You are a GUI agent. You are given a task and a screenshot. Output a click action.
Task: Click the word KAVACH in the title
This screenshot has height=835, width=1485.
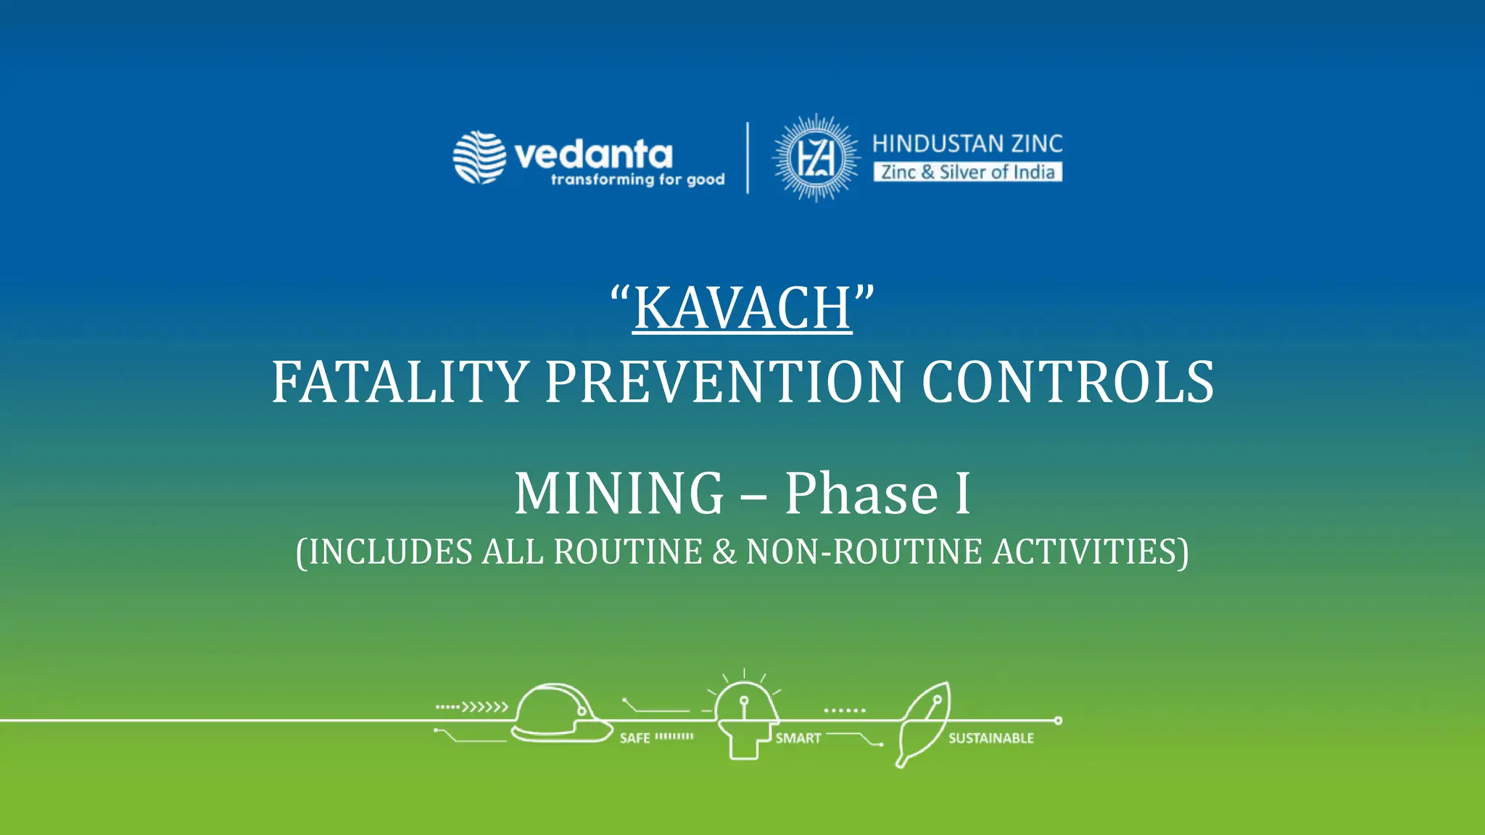coord(742,308)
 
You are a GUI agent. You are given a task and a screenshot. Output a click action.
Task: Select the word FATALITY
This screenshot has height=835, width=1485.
coord(400,382)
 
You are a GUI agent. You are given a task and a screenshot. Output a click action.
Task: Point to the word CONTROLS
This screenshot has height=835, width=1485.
coord(1067,382)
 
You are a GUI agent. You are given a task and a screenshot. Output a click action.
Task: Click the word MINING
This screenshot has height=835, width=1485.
coord(619,494)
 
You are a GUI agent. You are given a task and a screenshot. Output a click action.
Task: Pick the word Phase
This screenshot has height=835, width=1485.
coord(862,494)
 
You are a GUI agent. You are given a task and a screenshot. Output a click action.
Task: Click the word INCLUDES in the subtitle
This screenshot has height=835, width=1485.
coord(391,552)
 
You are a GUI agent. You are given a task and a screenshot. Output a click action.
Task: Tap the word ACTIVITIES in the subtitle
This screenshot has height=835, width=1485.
coord(1085,552)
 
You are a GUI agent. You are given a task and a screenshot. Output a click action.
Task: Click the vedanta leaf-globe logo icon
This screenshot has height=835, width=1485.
coord(479,157)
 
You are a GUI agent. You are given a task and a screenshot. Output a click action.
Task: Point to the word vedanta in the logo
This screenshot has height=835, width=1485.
coord(593,154)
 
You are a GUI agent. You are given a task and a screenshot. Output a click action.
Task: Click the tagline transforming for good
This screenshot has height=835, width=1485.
coord(637,180)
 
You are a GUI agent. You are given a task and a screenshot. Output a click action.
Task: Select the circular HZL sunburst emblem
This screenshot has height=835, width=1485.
coord(816,157)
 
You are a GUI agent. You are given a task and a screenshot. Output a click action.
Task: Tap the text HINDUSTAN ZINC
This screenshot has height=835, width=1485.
coord(967,144)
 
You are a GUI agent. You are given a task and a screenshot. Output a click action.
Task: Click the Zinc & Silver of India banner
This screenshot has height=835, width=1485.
coord(967,172)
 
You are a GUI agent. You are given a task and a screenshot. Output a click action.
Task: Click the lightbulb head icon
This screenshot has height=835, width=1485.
coord(744,718)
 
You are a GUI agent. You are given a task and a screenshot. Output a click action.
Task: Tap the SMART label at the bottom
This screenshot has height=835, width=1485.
coord(798,739)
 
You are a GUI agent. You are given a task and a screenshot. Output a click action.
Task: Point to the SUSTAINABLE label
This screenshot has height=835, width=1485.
coord(991,739)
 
